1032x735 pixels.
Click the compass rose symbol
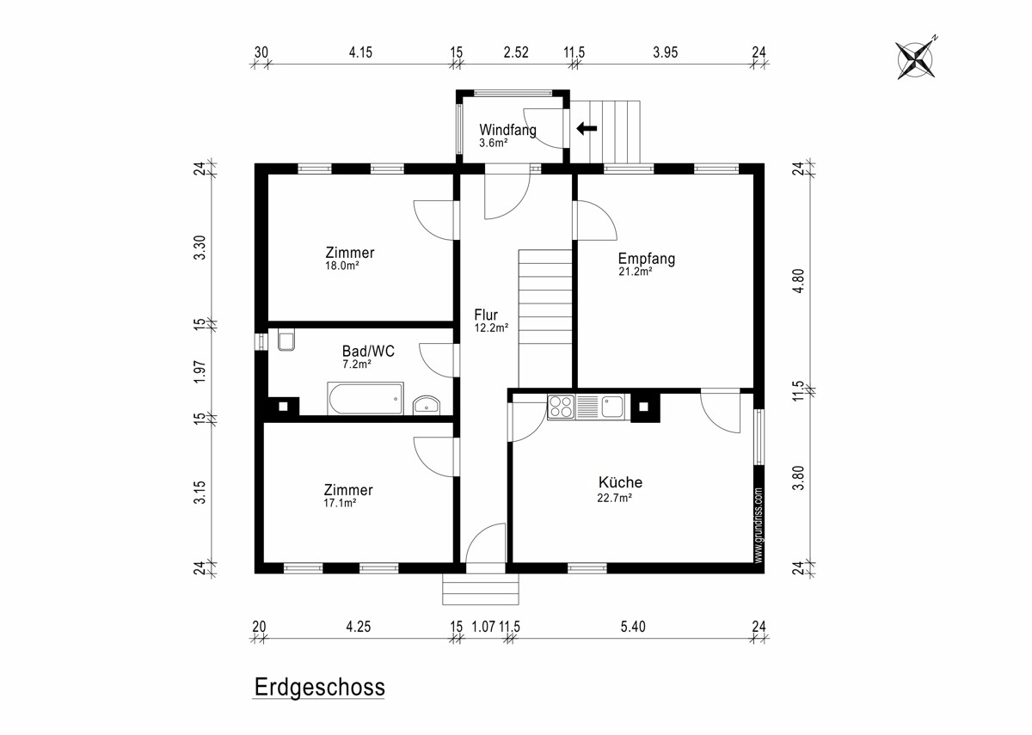coord(915,60)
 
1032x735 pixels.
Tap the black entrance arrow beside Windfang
coord(587,128)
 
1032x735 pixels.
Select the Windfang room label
coord(507,130)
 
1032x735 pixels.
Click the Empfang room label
coord(647,259)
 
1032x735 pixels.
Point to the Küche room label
coord(620,482)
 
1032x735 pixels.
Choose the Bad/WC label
coord(368,352)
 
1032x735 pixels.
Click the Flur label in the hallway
coord(486,315)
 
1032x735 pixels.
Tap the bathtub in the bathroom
coord(365,398)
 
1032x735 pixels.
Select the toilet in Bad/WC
coord(286,340)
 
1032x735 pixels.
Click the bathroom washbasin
coord(427,406)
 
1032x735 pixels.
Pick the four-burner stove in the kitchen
coord(561,407)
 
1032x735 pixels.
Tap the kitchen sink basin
coord(612,407)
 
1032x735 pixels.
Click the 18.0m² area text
coord(342,266)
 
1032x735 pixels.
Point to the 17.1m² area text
coord(340,503)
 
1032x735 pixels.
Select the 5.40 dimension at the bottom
coord(633,627)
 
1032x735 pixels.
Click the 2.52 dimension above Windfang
coord(515,52)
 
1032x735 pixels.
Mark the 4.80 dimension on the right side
coord(798,280)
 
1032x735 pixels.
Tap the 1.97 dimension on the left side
coord(199,371)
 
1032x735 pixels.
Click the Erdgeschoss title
coord(319,688)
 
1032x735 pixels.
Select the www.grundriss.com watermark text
coord(759,525)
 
